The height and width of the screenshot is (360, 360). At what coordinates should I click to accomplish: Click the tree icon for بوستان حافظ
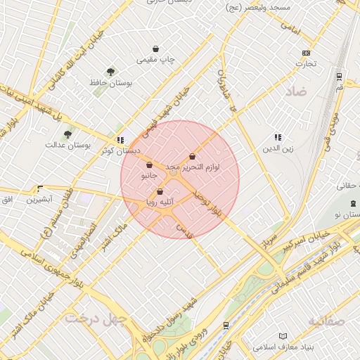pos(110,72)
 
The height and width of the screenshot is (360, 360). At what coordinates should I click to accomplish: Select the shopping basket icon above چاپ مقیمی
pos(155,49)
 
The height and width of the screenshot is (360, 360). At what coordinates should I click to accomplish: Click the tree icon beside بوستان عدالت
pos(67,134)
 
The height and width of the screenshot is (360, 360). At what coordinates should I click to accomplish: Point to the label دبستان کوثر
pos(120,150)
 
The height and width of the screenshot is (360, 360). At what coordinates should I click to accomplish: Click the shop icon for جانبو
pos(149,165)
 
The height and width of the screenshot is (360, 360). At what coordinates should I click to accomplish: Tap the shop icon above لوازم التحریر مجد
pos(192,157)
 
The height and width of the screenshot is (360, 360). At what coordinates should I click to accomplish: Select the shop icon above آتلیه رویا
pos(160,191)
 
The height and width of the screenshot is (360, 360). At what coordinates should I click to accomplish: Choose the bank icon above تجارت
pos(306,53)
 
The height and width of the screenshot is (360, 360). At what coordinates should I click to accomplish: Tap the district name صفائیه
pos(326,321)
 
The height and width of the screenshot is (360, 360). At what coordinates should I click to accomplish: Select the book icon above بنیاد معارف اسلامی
pos(283,336)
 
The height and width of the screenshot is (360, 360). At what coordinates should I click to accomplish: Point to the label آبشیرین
pos(39,200)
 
